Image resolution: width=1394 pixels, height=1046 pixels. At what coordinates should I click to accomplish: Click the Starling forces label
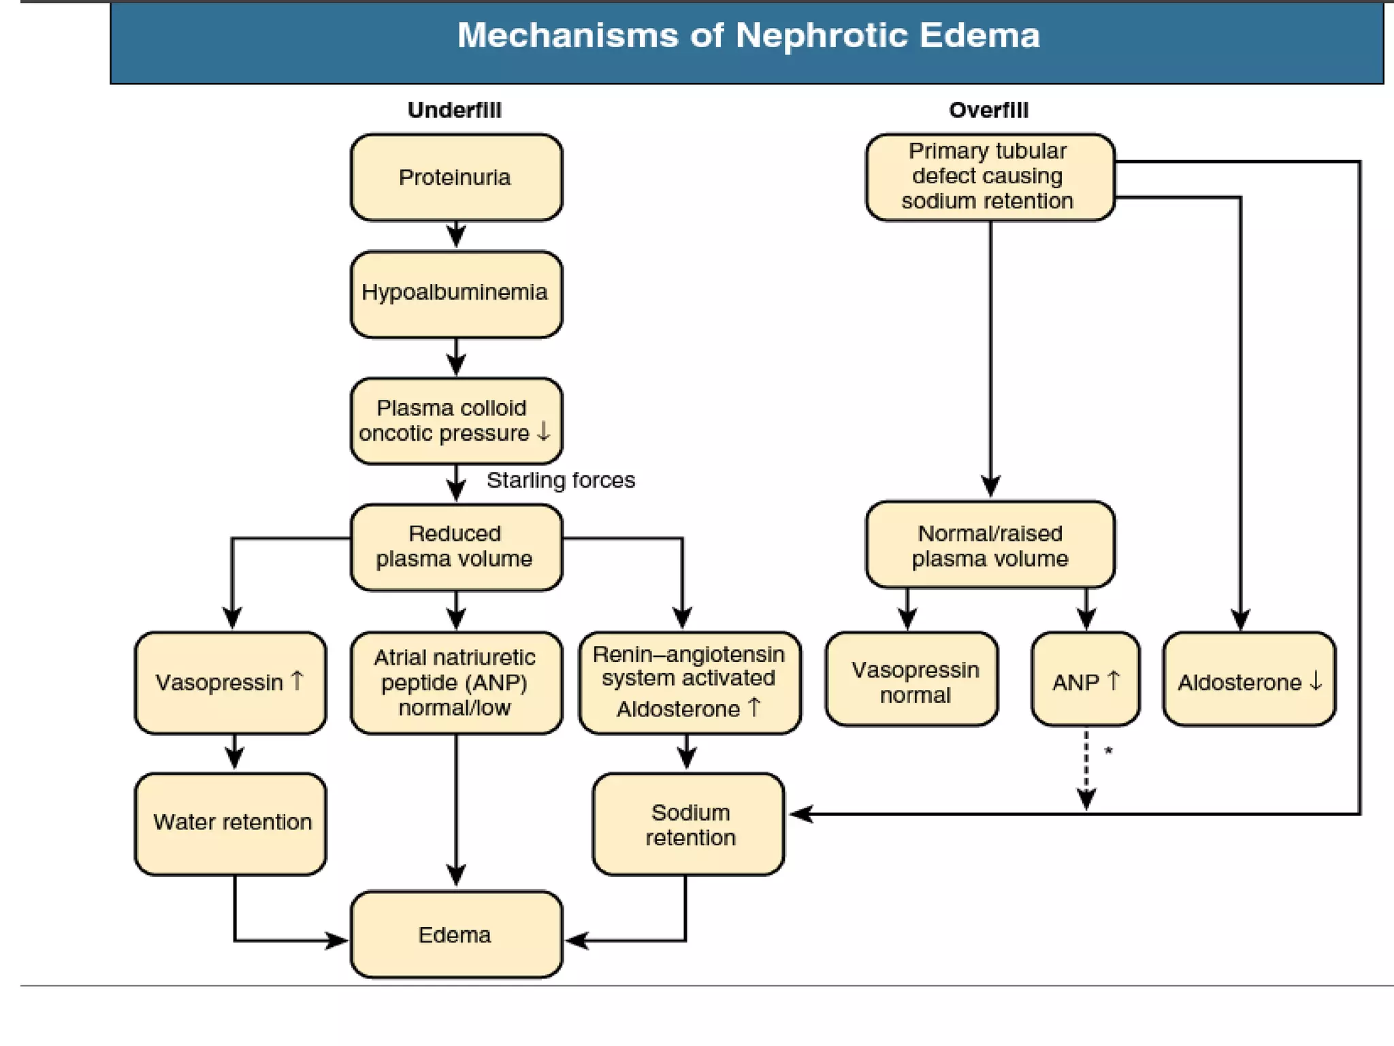[560, 480]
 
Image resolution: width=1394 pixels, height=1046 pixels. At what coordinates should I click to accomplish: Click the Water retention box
[231, 823]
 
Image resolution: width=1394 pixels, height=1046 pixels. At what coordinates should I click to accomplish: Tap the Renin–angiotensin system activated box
[689, 682]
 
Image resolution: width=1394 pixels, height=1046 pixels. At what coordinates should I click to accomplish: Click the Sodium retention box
[689, 824]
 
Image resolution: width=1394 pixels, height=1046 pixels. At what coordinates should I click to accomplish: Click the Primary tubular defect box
[989, 176]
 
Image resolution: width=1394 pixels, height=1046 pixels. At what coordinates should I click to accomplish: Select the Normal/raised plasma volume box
[990, 545]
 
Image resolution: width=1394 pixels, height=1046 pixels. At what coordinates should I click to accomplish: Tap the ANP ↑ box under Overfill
[1085, 681]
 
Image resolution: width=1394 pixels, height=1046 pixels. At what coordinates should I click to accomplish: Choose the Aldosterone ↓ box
[1249, 681]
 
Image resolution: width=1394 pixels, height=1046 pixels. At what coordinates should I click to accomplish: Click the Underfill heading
[454, 110]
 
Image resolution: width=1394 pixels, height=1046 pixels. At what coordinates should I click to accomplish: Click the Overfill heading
[988, 110]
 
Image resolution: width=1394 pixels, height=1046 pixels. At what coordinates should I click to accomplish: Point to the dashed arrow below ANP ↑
[1086, 770]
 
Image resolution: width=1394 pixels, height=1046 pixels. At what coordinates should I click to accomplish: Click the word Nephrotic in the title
[821, 35]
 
